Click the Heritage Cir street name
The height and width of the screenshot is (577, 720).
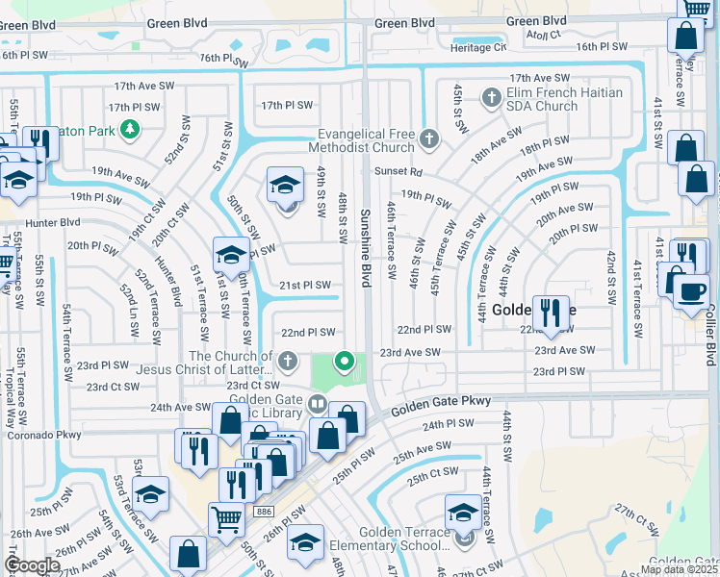point(473,47)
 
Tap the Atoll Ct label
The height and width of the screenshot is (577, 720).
point(543,35)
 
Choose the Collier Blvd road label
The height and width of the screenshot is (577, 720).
point(710,338)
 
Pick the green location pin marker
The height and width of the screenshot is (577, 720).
point(345,363)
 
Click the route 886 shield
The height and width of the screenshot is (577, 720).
point(265,512)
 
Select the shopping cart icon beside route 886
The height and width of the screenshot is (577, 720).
point(226,519)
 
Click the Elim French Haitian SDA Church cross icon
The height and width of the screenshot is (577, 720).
point(492,97)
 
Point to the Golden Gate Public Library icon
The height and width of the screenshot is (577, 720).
point(318,402)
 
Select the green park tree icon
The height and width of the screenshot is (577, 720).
point(127,129)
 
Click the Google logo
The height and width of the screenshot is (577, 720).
point(32,565)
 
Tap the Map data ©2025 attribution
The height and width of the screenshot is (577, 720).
point(678,569)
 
